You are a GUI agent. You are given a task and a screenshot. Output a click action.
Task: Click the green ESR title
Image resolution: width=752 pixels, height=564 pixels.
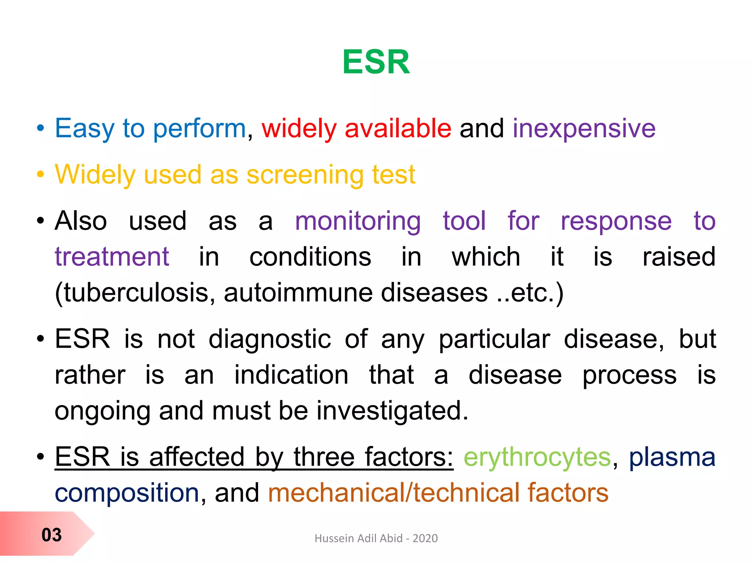(376, 62)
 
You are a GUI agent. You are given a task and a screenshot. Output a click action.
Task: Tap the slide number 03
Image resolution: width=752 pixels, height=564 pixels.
(51, 535)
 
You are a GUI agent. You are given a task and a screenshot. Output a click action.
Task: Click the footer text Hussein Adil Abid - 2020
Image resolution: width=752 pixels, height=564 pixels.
(376, 538)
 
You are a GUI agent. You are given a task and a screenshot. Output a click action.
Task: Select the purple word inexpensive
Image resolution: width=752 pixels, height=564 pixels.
(584, 129)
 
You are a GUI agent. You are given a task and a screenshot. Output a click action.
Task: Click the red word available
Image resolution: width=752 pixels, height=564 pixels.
(398, 129)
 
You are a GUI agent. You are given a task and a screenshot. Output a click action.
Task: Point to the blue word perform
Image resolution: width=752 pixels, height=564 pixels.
(199, 129)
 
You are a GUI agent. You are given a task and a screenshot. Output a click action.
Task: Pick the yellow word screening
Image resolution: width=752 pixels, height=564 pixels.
(305, 175)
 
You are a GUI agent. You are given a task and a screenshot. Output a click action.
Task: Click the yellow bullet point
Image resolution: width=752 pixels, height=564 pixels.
(40, 175)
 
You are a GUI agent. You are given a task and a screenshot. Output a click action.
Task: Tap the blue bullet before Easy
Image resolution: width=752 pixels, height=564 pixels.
(40, 129)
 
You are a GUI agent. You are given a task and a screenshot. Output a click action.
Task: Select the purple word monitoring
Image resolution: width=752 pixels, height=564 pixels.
(358, 221)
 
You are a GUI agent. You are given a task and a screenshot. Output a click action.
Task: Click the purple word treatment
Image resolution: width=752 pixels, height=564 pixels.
(112, 257)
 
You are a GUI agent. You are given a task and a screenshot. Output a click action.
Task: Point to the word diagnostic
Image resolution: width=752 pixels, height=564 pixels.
(270, 339)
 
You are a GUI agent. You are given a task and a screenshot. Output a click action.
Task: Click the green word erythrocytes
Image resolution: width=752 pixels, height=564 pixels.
(537, 458)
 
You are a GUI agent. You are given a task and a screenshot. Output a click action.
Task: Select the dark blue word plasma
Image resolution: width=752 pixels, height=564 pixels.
(672, 458)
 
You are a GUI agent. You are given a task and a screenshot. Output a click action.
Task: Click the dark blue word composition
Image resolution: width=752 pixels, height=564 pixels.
(127, 493)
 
